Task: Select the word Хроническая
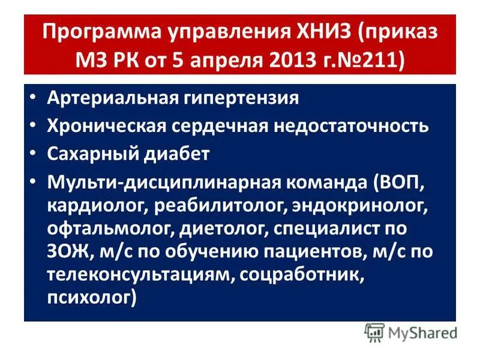[104, 125]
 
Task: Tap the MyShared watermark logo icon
[375, 332]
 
